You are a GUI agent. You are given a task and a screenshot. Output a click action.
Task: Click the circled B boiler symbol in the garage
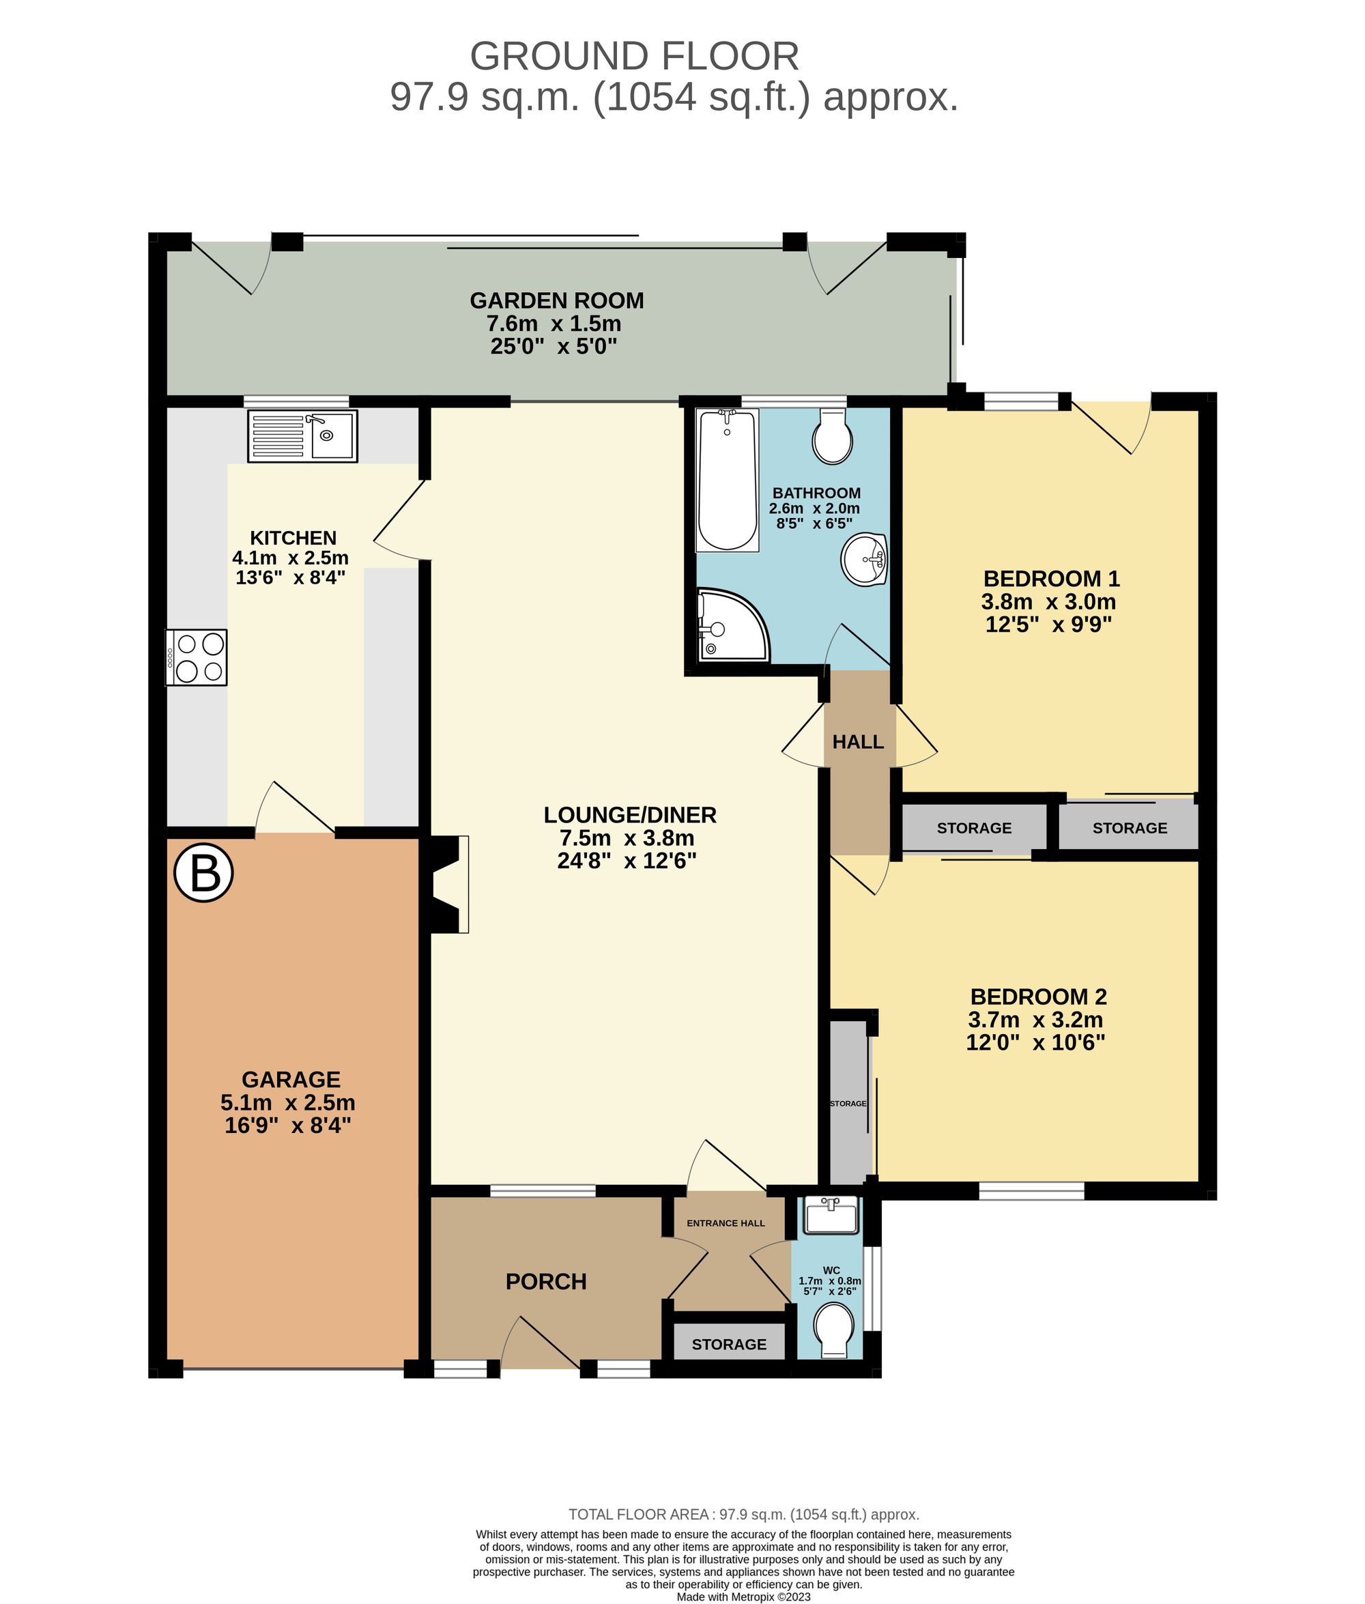(x=203, y=874)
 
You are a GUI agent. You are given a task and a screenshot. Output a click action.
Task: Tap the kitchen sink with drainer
(x=302, y=435)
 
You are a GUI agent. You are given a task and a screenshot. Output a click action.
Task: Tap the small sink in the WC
(x=831, y=1214)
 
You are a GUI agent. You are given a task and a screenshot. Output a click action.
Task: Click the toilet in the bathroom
(x=832, y=436)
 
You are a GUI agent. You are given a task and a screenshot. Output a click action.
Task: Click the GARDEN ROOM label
(x=556, y=300)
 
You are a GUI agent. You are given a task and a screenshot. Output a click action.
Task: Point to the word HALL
(x=857, y=741)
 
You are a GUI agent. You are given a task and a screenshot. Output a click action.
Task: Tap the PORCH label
(x=545, y=1281)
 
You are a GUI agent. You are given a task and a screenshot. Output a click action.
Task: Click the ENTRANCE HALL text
(x=725, y=1222)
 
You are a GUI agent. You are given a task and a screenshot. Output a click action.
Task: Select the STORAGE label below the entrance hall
(x=729, y=1344)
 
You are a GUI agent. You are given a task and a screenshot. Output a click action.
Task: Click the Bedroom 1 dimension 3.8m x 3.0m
(x=1048, y=601)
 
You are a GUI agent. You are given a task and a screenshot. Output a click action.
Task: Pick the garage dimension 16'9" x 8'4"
(x=287, y=1125)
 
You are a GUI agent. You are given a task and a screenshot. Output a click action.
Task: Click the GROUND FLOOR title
(x=634, y=57)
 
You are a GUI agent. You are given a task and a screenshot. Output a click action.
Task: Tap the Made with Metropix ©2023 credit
(x=743, y=1597)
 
